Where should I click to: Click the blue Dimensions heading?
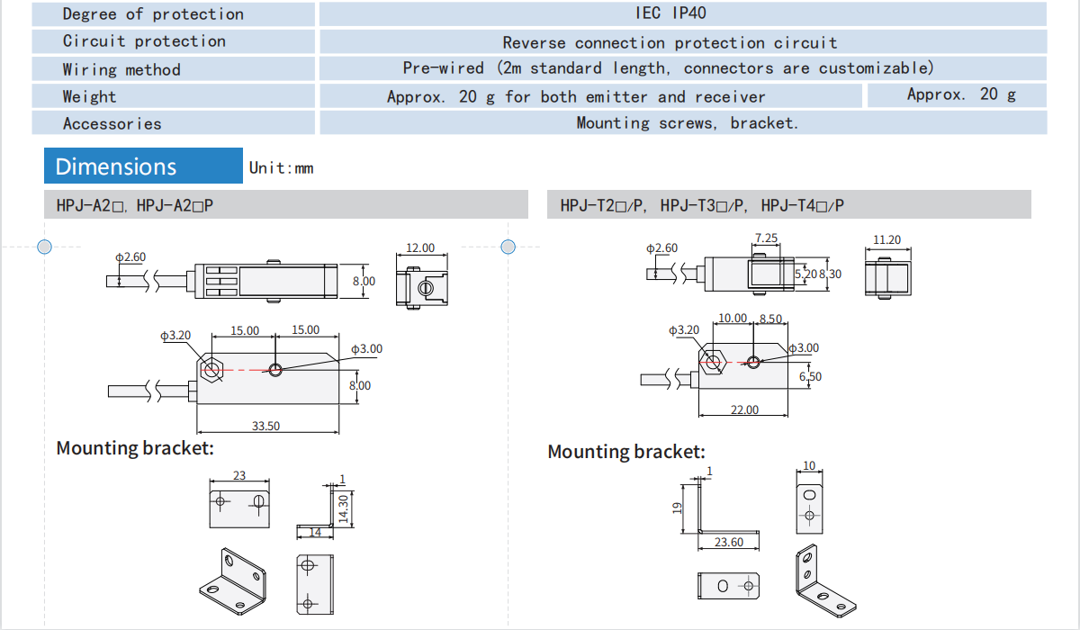click(116, 166)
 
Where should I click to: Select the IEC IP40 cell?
click(682, 13)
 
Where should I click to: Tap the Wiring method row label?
click(121, 69)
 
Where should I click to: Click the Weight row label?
click(89, 96)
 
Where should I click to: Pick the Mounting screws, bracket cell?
click(687, 123)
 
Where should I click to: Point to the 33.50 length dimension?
click(265, 426)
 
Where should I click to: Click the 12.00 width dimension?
click(419, 247)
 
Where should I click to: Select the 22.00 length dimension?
click(744, 409)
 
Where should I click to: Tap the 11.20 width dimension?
click(886, 240)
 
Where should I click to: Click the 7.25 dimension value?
click(766, 238)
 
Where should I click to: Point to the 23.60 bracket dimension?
click(729, 542)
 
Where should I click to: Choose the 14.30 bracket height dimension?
click(342, 508)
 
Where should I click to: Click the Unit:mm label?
click(281, 168)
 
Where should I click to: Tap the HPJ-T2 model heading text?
click(702, 206)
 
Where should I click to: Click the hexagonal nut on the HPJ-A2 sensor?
click(212, 369)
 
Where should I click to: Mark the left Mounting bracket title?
click(135, 448)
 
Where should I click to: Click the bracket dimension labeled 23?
click(239, 475)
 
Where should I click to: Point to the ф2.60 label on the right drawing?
click(661, 248)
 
